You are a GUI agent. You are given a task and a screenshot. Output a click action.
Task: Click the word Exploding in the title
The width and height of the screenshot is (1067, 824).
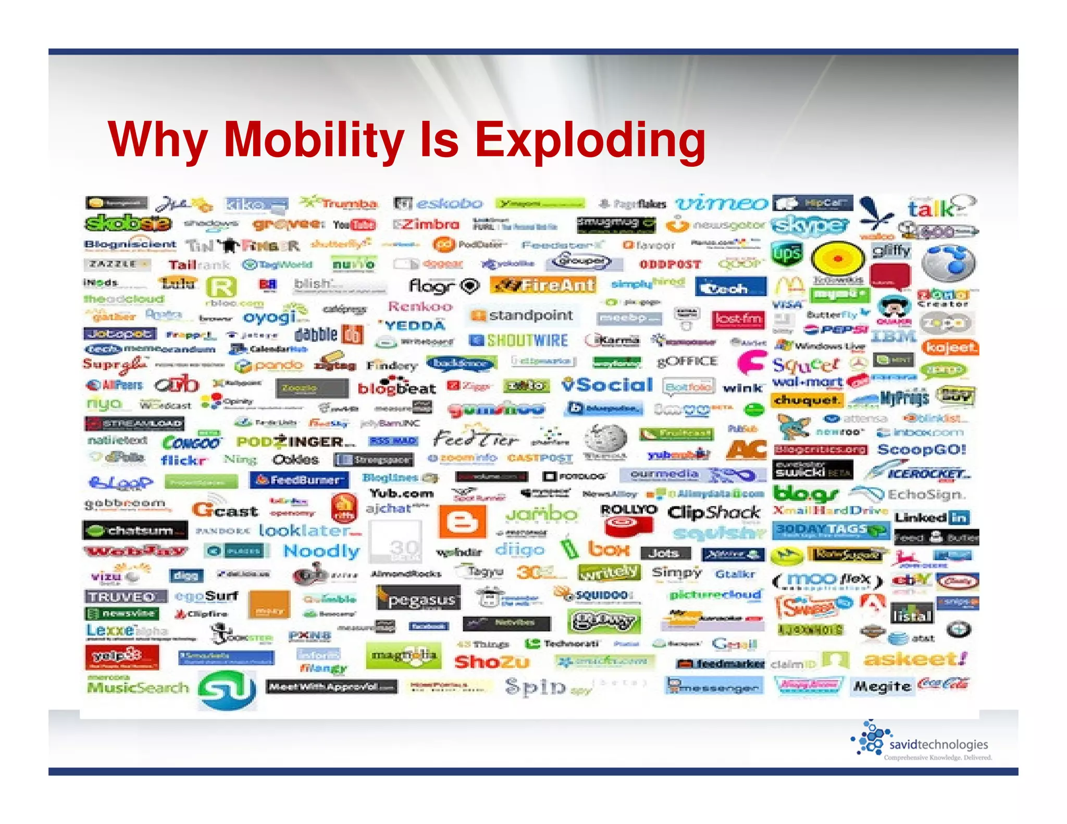590,140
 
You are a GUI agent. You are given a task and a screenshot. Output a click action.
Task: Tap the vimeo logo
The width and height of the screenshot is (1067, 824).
721,204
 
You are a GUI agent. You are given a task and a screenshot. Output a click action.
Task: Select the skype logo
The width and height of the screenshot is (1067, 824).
810,226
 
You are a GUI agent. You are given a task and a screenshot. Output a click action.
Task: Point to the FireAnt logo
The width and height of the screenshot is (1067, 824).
543,285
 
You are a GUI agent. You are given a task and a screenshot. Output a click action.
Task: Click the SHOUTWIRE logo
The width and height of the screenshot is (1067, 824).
519,341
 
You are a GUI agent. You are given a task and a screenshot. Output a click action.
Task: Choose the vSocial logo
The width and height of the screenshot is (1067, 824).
607,385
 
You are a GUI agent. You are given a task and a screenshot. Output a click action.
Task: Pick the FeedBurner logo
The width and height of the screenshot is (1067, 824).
299,480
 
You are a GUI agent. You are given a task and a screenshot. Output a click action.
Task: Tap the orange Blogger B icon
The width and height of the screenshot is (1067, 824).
462,521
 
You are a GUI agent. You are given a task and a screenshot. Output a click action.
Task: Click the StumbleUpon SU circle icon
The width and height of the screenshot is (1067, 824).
227,689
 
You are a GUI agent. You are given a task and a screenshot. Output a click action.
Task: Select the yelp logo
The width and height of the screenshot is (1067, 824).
121,656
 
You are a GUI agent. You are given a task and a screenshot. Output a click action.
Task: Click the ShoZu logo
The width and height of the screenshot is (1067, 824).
491,662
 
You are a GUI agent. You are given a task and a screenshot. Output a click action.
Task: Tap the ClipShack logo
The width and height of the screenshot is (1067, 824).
713,513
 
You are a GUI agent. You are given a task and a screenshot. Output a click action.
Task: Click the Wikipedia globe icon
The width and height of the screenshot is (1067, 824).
605,438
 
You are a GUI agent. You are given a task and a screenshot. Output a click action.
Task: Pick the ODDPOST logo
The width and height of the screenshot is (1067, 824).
670,265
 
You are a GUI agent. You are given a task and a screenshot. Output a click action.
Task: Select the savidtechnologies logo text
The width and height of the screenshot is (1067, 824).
938,744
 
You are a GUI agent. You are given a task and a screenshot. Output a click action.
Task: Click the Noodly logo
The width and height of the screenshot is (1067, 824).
321,551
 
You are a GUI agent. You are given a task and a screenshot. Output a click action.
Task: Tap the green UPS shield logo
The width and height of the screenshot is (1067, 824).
787,254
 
